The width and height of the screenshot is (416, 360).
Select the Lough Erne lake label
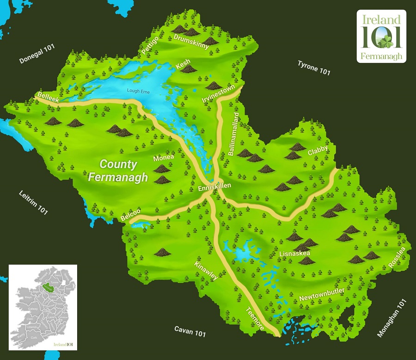click(x=138, y=91)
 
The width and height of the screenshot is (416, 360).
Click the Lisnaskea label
click(x=294, y=254)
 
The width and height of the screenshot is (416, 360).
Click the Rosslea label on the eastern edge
click(x=397, y=257)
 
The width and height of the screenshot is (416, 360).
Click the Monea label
click(x=164, y=158)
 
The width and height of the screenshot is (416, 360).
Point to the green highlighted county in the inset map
click(x=47, y=287)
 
